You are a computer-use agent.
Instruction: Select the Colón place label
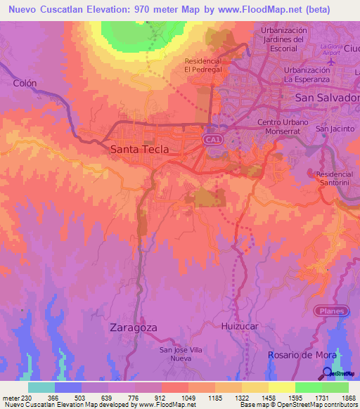[25, 83]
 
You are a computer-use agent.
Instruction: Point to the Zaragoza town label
[133, 327]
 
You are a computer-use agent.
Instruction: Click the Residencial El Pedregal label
[203, 65]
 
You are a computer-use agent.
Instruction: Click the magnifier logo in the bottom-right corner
[328, 374]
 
